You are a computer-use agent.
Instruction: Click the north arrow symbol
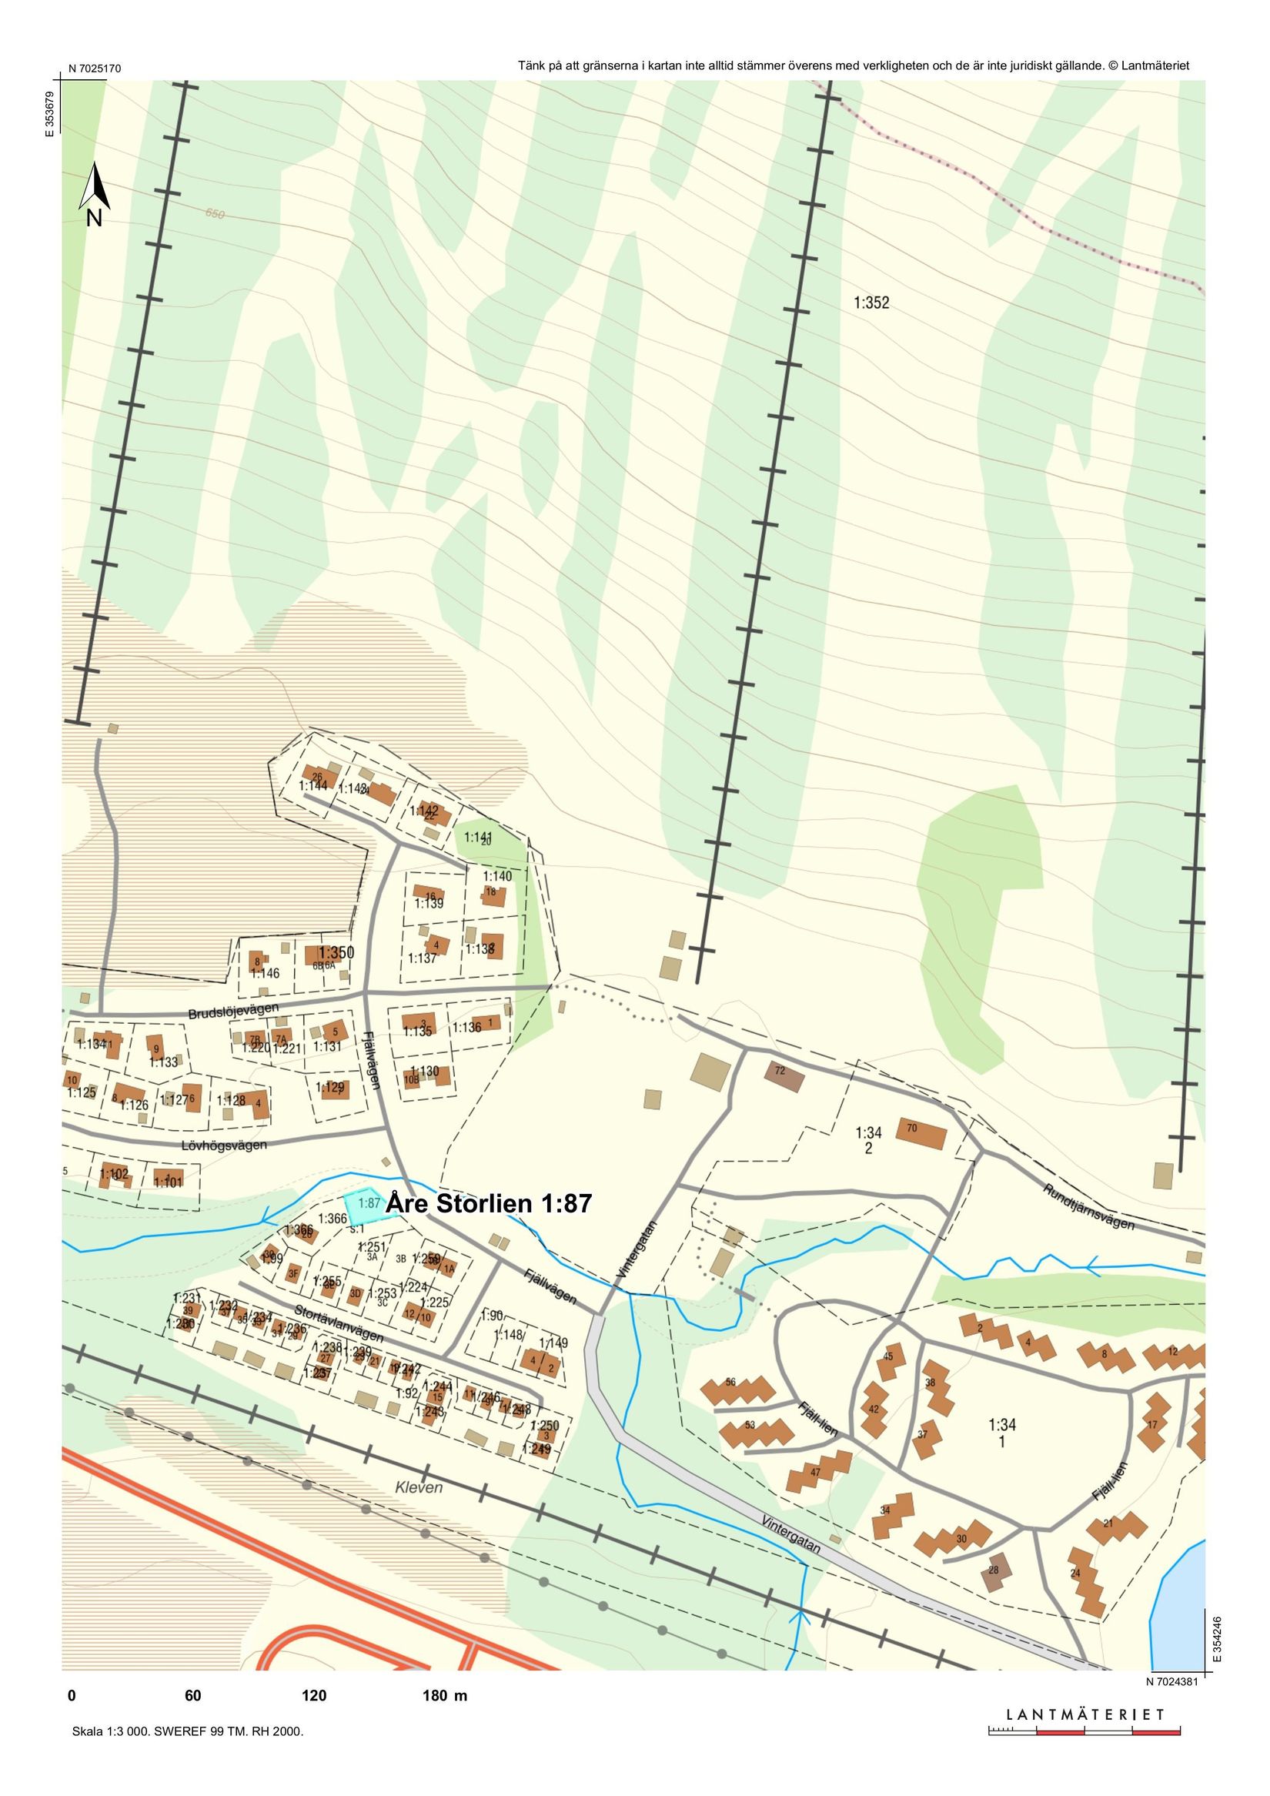pos(95,192)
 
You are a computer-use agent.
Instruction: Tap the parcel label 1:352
pos(871,303)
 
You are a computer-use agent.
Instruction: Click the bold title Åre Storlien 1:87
pos(489,1203)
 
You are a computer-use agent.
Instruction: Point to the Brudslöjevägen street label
pos(233,1012)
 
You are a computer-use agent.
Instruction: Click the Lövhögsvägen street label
pos(225,1146)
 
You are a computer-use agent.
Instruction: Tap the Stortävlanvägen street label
pos(338,1323)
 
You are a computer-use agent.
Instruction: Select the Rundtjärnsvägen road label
pos(1088,1206)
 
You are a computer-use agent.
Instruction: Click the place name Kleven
pos(419,1488)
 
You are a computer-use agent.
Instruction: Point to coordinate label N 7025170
pos(95,68)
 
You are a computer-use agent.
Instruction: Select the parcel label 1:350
pos(336,953)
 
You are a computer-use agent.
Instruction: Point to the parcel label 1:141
pos(478,837)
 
